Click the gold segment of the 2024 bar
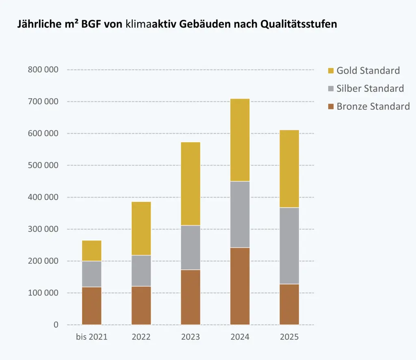coord(240,140)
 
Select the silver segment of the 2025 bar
coord(289,245)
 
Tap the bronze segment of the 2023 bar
coord(191,297)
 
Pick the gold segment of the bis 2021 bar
coord(91,250)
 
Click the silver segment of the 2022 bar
coord(141,271)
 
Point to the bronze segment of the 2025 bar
coord(289,304)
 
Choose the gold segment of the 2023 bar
coord(191,183)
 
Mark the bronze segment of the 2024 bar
coord(240,286)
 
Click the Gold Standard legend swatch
coord(331,71)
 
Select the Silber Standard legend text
coord(370,89)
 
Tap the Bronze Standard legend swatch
coord(331,106)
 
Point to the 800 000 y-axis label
coord(43,69)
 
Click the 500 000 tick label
coord(43,165)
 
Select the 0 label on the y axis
coord(56,325)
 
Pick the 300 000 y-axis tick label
coord(43,229)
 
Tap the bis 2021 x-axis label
coord(91,337)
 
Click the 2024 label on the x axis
coord(240,337)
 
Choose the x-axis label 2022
coord(141,337)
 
